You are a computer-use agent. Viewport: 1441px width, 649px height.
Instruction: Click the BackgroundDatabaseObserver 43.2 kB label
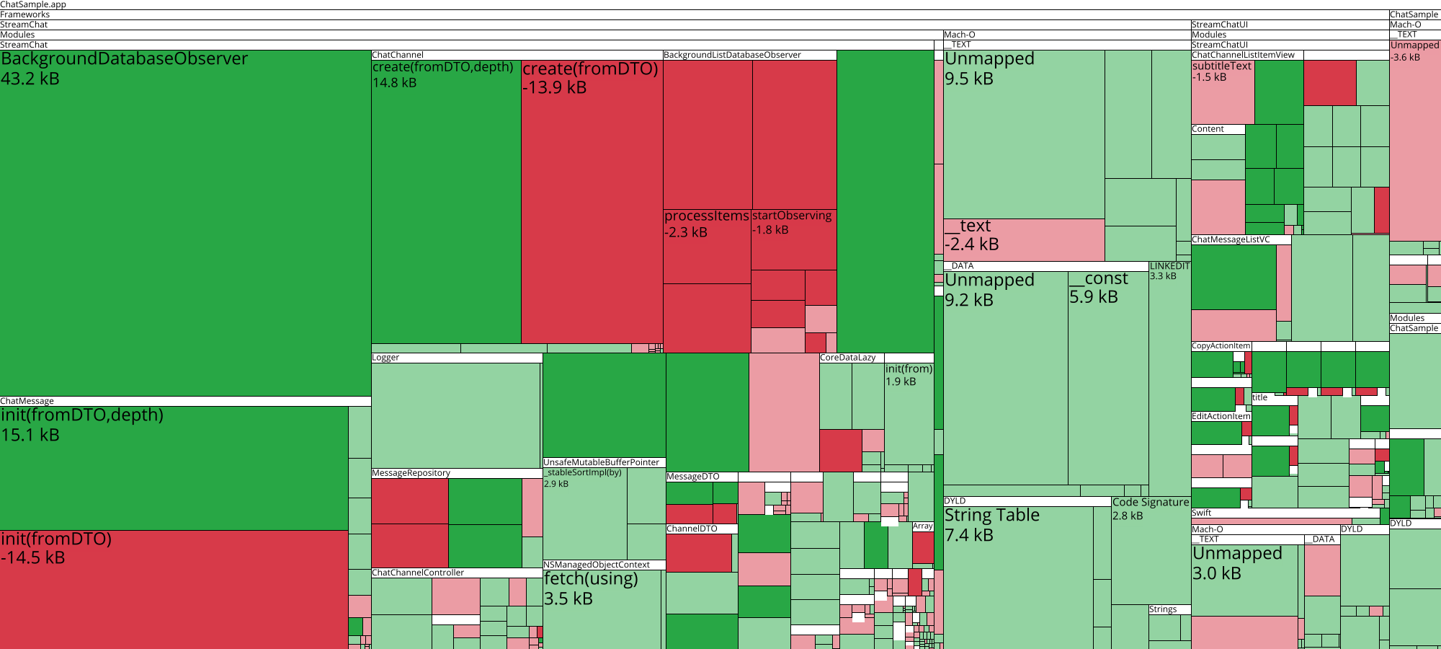124,69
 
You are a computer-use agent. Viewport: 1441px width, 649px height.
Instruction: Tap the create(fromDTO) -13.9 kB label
590,78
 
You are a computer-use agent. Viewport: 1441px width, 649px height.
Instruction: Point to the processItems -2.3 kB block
706,245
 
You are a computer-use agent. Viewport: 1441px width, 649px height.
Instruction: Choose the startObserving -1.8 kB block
793,238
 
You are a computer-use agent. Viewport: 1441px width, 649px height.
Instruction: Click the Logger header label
385,358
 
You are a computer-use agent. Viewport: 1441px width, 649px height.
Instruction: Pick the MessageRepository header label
411,473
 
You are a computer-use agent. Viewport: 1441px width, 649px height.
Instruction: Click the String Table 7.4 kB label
991,524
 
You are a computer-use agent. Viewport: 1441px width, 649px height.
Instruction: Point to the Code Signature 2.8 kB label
1150,508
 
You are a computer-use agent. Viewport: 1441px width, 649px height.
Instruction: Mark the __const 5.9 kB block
1107,375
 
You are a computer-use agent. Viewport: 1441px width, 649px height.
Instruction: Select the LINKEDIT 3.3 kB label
1169,271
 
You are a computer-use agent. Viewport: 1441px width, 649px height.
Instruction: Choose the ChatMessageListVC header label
1231,240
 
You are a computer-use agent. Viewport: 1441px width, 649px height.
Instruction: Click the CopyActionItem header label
1221,346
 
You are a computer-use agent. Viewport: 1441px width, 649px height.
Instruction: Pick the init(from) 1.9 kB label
909,375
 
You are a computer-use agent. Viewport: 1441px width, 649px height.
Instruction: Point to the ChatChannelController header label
418,573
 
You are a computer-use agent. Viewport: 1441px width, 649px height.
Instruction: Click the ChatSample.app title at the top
33,4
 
